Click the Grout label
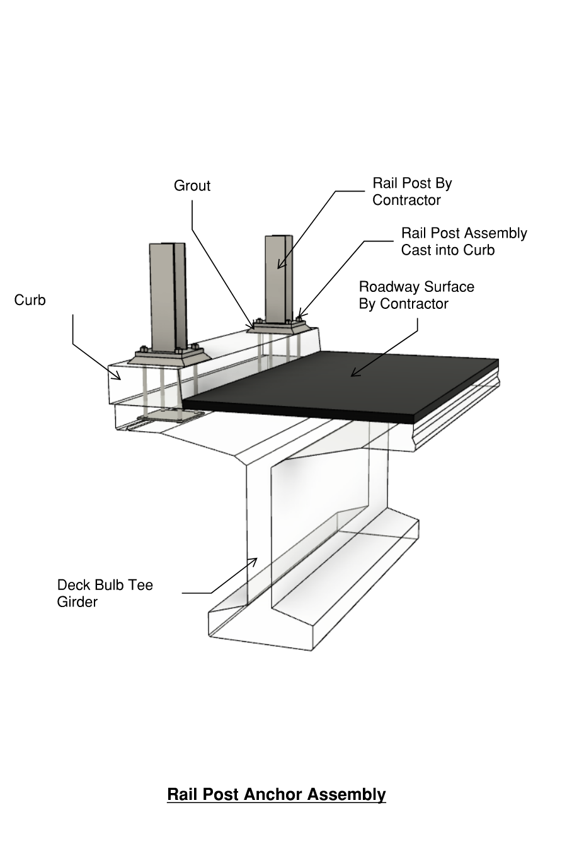(x=192, y=186)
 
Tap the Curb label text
(x=30, y=300)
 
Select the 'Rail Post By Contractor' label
(x=412, y=192)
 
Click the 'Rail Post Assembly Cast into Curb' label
(x=464, y=241)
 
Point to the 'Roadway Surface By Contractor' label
(x=416, y=295)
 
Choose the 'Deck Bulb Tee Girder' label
(x=105, y=593)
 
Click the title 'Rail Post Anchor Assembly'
(x=276, y=794)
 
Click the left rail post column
(x=168, y=296)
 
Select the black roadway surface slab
(x=353, y=385)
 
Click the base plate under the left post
(x=168, y=356)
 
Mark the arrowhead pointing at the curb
(x=118, y=378)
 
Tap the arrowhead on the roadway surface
(x=353, y=374)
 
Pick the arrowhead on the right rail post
(x=279, y=267)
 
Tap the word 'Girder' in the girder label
(x=77, y=602)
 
